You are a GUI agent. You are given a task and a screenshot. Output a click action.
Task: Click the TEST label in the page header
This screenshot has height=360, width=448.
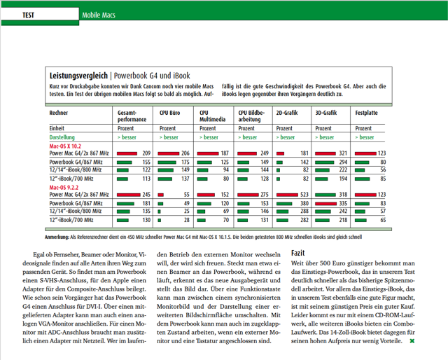(x=29, y=15)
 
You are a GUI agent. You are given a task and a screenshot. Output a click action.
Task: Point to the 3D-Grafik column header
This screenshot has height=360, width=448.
(x=327, y=112)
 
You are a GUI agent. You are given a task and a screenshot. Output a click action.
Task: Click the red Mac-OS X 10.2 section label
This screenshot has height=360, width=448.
(x=64, y=146)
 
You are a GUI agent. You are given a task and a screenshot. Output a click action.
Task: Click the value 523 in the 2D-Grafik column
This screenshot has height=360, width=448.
(x=304, y=194)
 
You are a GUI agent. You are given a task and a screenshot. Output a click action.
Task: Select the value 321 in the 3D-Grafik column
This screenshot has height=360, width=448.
(x=343, y=153)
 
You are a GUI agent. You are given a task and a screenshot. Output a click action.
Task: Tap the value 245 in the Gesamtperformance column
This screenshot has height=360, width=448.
(x=146, y=194)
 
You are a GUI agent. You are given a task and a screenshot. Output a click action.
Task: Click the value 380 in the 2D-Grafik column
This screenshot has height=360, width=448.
(x=304, y=202)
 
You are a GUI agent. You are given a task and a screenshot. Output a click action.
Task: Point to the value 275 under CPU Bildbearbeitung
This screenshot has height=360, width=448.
(x=264, y=194)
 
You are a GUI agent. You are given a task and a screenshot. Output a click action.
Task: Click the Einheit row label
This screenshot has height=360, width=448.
(x=57, y=128)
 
